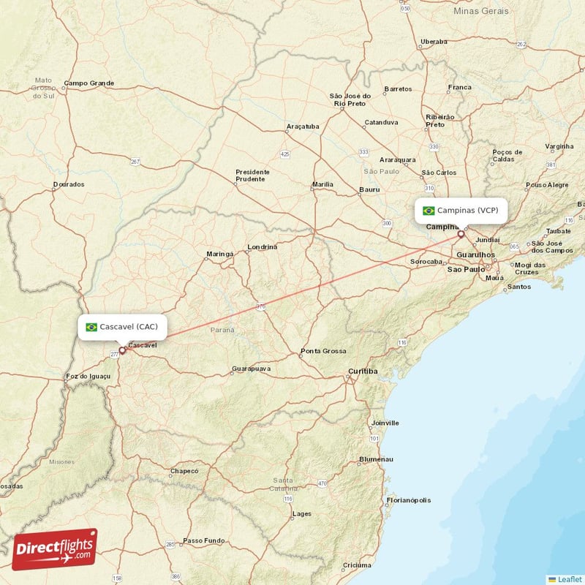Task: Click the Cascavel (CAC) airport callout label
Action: click(123, 327)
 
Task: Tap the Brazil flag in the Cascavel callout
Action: click(91, 327)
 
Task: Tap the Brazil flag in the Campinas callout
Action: click(429, 211)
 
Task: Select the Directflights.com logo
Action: click(55, 549)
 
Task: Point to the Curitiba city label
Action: click(363, 371)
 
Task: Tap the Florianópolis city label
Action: click(409, 500)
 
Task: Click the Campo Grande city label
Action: click(88, 83)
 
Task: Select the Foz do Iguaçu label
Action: click(88, 376)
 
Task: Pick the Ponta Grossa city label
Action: click(323, 351)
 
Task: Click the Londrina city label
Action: click(263, 247)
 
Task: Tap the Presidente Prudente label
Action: click(252, 175)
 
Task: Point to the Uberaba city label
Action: click(434, 42)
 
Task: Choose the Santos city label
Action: click(519, 287)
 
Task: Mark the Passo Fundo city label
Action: click(204, 540)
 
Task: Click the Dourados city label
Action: click(69, 185)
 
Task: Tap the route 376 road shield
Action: click(260, 307)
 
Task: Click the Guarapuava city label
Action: click(251, 369)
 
